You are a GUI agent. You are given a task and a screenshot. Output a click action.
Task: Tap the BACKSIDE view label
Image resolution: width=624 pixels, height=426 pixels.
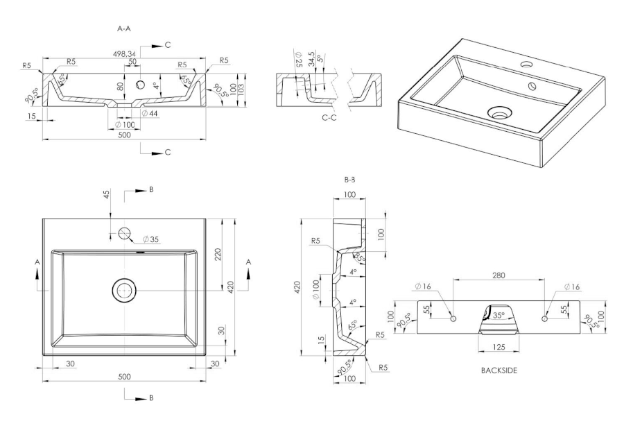499,370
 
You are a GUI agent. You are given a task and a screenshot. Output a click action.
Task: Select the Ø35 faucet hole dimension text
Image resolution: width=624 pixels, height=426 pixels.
151,239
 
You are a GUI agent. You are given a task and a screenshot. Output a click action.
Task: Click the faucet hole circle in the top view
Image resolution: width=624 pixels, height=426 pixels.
125,233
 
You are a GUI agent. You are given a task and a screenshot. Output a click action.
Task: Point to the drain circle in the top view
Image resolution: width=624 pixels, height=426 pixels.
125,289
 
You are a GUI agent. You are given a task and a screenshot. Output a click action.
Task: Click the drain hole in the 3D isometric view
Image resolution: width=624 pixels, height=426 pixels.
499,112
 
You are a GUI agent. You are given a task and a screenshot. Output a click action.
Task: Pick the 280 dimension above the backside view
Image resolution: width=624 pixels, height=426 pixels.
498,275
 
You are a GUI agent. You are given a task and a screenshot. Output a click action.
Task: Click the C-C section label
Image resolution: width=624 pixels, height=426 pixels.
330,118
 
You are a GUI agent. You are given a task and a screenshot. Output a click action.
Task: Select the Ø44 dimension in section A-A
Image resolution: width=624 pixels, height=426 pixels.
150,112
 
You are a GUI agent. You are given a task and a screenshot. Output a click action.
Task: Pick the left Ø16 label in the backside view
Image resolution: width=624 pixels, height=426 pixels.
424,286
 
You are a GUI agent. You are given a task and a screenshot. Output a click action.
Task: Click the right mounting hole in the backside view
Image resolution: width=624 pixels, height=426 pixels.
544,318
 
